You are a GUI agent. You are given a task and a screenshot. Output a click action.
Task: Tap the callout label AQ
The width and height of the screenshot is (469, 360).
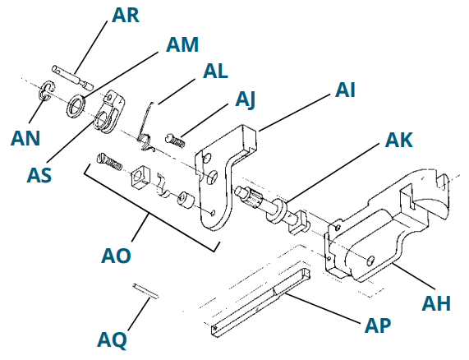[x=113, y=339]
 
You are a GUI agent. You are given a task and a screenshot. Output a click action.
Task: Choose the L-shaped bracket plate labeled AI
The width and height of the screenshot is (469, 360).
[x=226, y=164]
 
